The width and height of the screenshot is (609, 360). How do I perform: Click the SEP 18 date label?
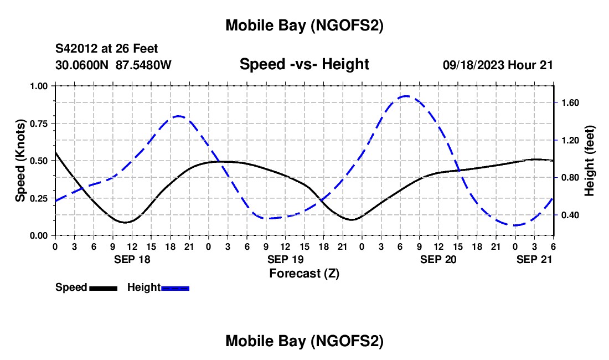[132, 259]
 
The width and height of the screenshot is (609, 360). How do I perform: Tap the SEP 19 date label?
[285, 259]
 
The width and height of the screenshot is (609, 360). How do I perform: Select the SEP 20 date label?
[438, 259]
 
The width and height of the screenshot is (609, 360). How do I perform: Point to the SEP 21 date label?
[534, 259]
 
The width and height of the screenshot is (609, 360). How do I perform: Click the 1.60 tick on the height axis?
[570, 103]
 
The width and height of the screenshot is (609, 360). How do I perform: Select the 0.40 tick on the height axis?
[570, 215]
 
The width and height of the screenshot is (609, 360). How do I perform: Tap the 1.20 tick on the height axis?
[570, 141]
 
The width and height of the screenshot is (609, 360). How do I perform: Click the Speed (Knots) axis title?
[20, 161]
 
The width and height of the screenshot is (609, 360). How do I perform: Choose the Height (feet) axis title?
[589, 161]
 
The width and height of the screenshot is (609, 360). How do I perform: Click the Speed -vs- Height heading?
[304, 64]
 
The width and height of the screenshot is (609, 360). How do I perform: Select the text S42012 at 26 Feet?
[107, 49]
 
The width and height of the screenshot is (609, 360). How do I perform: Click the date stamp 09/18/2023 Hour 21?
[498, 65]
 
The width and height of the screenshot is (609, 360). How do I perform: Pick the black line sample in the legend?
[103, 288]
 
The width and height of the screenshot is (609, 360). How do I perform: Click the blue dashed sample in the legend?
[175, 288]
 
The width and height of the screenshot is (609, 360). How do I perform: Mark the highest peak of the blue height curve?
[406, 96]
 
